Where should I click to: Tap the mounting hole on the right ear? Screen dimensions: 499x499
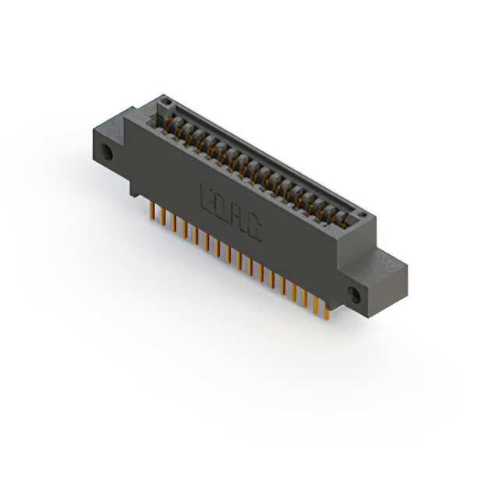(x=355, y=296)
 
